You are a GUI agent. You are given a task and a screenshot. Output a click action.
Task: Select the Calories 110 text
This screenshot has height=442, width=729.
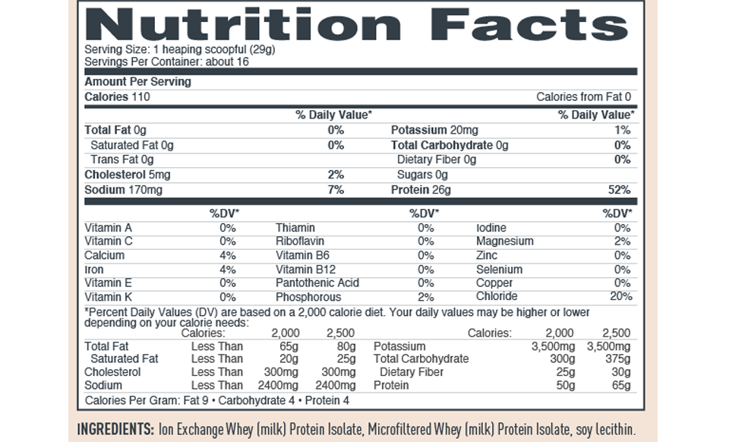point(118,96)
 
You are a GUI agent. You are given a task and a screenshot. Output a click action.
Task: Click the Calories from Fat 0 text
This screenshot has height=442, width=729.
point(583,96)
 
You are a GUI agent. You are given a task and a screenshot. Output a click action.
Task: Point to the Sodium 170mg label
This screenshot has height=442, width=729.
point(123,189)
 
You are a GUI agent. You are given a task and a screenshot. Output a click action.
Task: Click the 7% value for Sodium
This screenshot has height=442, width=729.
point(336,189)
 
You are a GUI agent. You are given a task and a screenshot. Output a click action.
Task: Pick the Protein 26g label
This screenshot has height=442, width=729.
point(421,189)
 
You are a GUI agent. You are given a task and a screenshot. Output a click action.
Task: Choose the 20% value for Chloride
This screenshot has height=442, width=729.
point(620,296)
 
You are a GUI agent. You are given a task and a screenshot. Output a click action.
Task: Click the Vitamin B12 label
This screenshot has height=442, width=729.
point(305,270)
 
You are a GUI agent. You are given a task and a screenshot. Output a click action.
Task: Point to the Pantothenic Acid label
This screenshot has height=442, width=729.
point(317,283)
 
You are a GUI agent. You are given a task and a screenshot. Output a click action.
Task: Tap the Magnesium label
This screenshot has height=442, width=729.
point(504,242)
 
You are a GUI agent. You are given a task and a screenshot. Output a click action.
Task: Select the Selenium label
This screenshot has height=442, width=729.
point(499,270)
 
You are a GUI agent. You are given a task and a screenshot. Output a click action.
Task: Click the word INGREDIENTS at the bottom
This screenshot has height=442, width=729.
point(116,428)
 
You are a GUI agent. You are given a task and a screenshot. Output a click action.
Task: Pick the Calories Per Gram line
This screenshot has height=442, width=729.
point(217,399)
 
